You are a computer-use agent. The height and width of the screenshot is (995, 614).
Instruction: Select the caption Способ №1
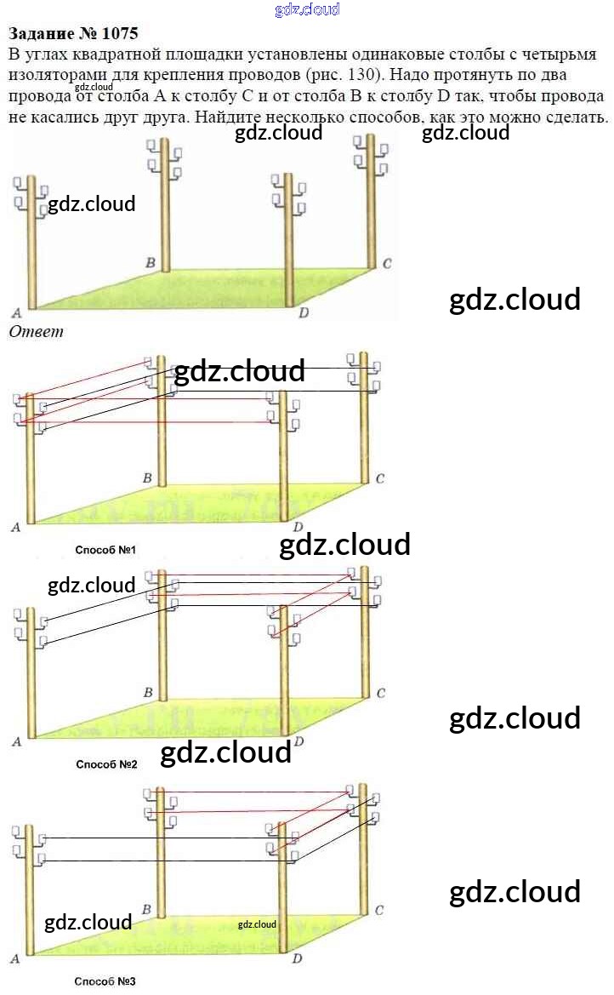pos(106,551)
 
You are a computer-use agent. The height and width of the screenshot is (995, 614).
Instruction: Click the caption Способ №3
pos(105,981)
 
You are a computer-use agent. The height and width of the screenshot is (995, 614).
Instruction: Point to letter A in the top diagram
pos(15,312)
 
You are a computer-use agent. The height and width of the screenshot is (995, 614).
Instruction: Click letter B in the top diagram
pos(150,263)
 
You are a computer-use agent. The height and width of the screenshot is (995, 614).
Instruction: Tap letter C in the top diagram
pos(386,264)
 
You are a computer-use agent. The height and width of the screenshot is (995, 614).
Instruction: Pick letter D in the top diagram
pos(304,313)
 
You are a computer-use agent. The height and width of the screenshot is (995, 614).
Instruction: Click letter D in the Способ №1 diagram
pos(298,528)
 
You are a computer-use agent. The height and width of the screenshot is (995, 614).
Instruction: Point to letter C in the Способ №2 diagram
pos(380,694)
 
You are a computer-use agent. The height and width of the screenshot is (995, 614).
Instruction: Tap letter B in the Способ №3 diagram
pos(147,911)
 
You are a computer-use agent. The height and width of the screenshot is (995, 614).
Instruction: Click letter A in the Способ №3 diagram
pos(14,959)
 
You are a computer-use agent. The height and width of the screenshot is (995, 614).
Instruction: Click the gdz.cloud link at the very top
pos(307,9)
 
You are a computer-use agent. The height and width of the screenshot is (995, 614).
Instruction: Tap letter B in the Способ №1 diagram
pos(147,479)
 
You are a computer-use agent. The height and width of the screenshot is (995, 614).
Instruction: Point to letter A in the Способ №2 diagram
pos(15,742)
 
